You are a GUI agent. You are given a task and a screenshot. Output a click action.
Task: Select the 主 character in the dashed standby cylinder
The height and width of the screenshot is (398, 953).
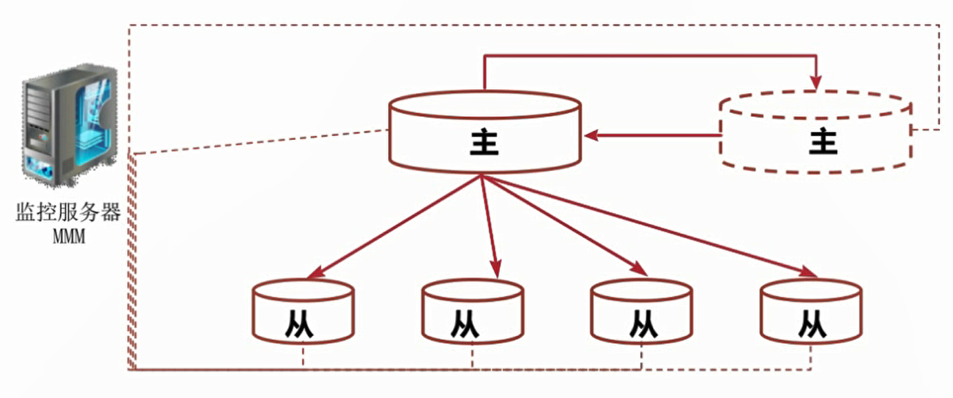(823, 141)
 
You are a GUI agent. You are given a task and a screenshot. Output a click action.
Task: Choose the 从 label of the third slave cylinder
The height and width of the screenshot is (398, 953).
(642, 324)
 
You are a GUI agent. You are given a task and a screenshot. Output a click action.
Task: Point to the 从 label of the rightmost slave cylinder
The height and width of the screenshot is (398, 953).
(812, 324)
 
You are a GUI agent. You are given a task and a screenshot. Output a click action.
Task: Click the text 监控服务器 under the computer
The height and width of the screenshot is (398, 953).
(68, 212)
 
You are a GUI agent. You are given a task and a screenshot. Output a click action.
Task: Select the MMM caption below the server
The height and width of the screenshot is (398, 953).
(68, 236)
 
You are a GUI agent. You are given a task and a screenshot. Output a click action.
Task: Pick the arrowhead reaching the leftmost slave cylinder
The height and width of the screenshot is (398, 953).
(314, 274)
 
